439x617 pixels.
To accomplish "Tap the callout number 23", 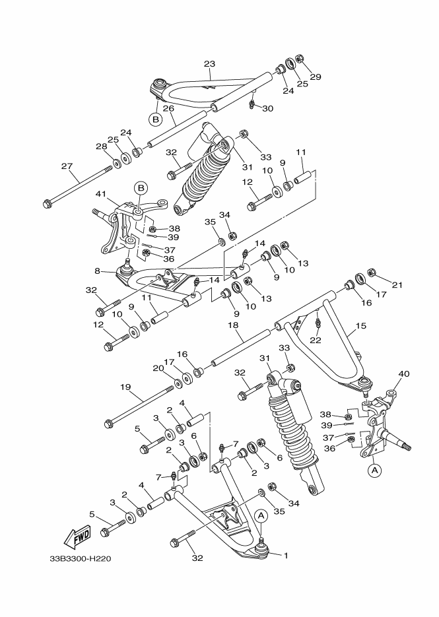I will click(209, 64).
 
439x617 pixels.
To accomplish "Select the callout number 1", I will click(286, 555).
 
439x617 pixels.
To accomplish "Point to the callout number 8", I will click(98, 271).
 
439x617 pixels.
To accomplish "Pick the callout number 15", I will click(360, 326).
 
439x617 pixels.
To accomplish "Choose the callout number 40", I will click(403, 374).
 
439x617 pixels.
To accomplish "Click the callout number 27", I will click(65, 166).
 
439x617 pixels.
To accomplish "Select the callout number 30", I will click(267, 108).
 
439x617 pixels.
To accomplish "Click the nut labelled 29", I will click(298, 59).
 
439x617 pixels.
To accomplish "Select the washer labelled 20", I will click(180, 383).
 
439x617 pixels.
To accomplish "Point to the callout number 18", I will click(233, 325).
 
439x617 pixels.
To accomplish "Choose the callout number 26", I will click(168, 108).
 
